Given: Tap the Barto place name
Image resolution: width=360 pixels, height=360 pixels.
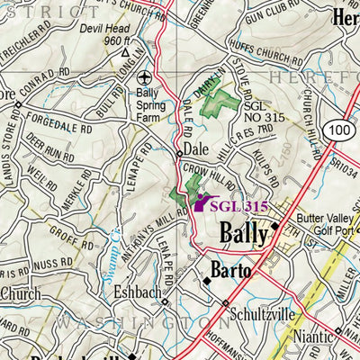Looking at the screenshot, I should (229, 269).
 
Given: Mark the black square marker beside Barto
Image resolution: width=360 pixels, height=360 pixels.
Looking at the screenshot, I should (206, 280).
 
